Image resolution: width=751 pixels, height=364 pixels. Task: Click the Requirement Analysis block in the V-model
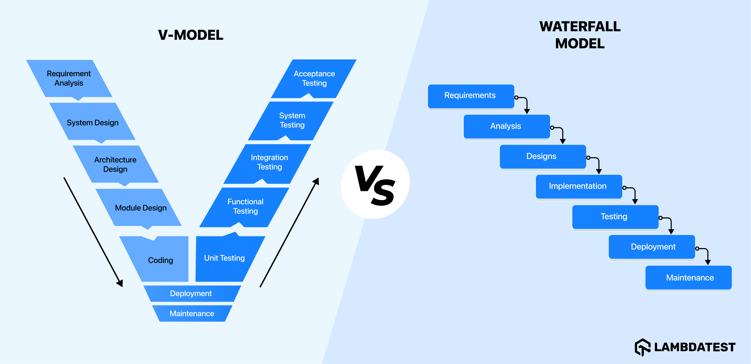click(x=69, y=78)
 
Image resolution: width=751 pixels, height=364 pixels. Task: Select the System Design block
click(x=92, y=122)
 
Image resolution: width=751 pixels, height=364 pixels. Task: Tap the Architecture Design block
click(x=115, y=165)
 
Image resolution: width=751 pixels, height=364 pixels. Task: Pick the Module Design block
click(x=141, y=208)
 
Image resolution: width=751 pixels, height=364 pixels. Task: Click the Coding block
click(x=160, y=260)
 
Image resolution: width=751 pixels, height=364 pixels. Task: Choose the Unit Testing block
click(x=224, y=258)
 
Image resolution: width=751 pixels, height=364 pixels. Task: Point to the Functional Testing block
click(x=245, y=207)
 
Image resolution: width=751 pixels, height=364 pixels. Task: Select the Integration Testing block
click(x=269, y=162)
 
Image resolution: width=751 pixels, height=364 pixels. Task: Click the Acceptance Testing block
click(x=314, y=78)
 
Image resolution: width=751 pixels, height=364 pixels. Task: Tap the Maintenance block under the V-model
click(x=192, y=314)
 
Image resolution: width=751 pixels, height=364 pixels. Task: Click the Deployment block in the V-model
click(x=191, y=294)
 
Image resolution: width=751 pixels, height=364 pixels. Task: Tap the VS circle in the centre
click(x=375, y=184)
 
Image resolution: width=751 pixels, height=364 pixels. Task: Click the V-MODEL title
click(x=191, y=35)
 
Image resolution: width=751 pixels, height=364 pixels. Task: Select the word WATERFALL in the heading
click(x=580, y=27)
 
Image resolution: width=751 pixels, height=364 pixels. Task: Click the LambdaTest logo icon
click(x=643, y=347)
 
